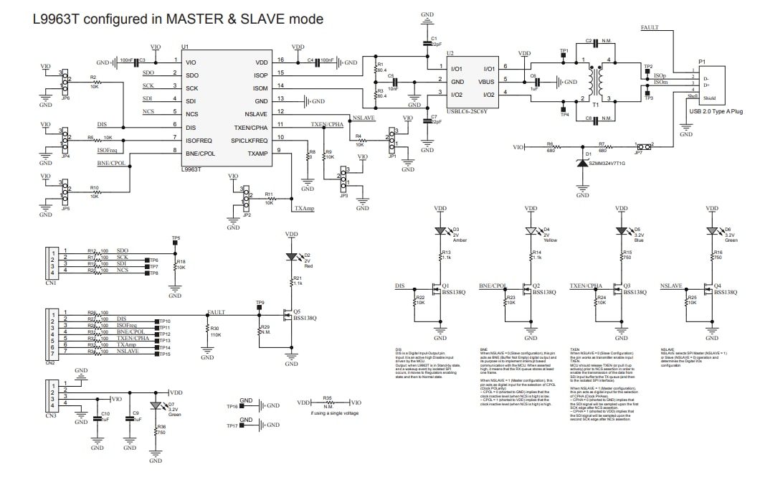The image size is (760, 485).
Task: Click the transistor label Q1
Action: coord(445,284)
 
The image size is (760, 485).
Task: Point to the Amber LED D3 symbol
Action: coord(440,232)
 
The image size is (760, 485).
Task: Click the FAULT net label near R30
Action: coord(217,312)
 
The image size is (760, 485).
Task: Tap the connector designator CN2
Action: coord(50,362)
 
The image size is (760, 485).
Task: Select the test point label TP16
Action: coord(232,406)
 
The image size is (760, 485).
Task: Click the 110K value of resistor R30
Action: coord(216,335)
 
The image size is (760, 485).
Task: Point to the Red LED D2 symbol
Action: coord(291,257)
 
